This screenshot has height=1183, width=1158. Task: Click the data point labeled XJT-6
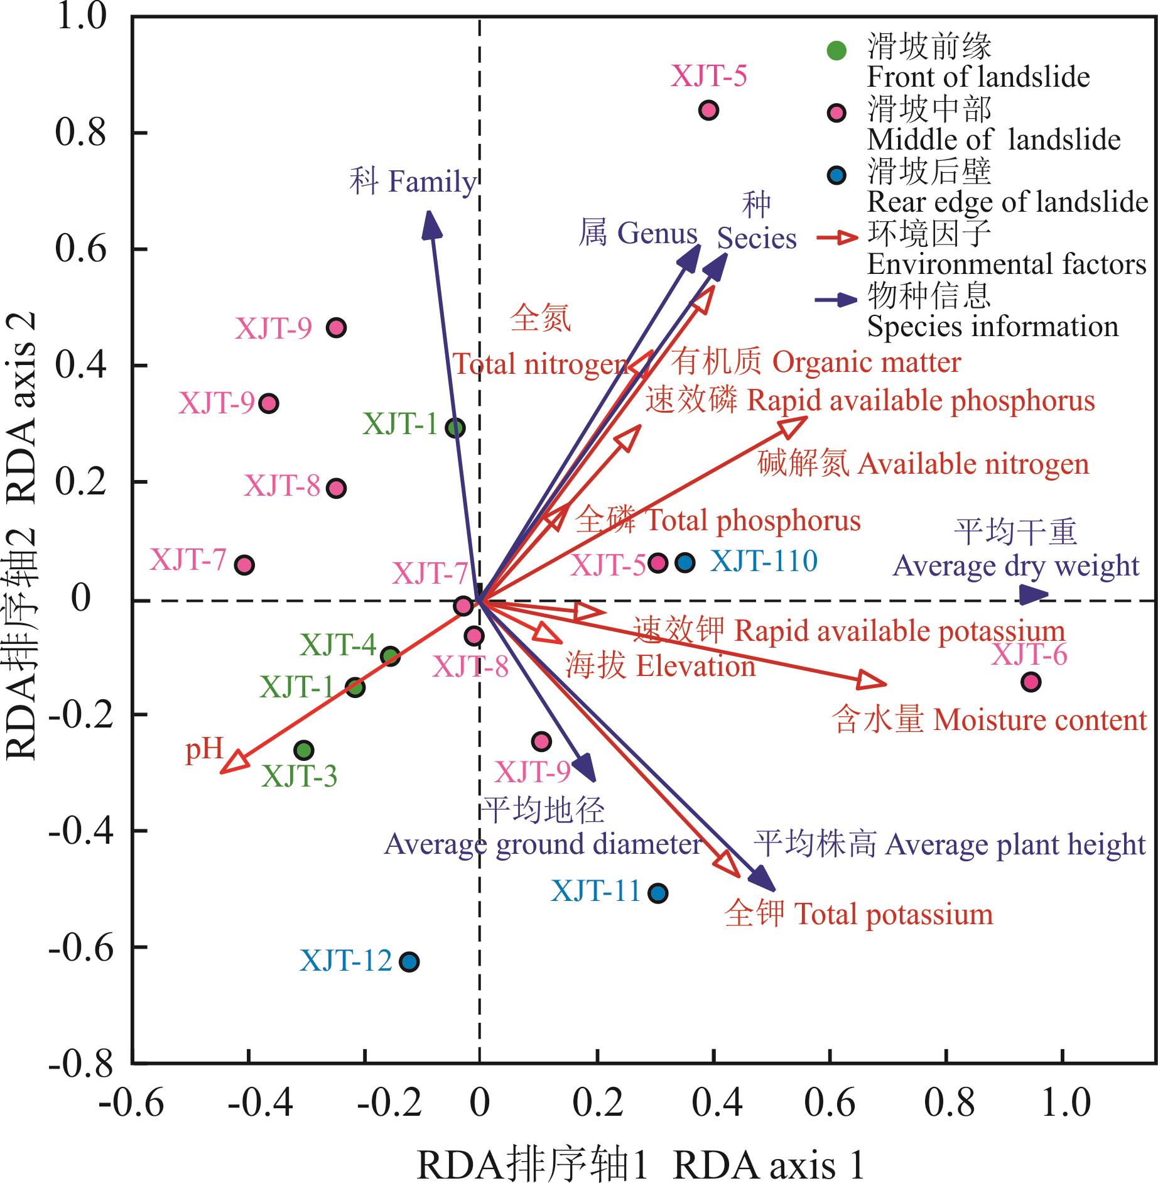(x=1031, y=682)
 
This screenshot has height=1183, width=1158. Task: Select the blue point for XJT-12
(x=409, y=962)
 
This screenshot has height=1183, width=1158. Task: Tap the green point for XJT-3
(x=304, y=750)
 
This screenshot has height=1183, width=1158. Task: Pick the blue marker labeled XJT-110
(x=685, y=562)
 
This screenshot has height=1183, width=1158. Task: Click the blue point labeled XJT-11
(x=657, y=893)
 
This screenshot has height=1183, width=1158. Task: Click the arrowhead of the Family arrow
(x=430, y=222)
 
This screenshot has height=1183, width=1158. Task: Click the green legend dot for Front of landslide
(x=836, y=50)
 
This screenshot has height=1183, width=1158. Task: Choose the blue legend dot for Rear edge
(x=836, y=175)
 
